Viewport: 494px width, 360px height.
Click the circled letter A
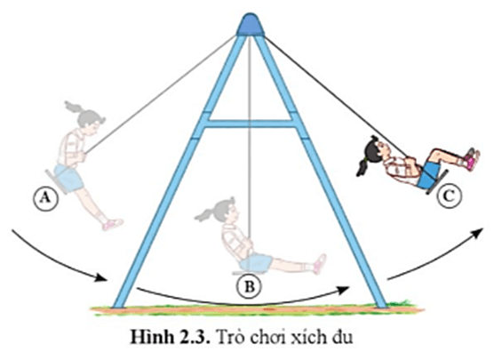click(46, 198)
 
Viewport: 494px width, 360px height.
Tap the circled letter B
click(250, 287)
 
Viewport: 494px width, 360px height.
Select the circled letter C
click(449, 196)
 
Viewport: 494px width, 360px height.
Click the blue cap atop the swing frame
click(251, 25)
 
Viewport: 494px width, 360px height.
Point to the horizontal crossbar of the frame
click(251, 124)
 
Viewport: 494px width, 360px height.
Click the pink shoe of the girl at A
click(112, 225)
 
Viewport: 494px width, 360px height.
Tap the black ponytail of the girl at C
click(363, 166)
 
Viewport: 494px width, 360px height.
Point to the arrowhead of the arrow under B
click(343, 290)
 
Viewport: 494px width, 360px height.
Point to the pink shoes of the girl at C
click(473, 159)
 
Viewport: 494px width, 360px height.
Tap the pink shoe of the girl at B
click(320, 264)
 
